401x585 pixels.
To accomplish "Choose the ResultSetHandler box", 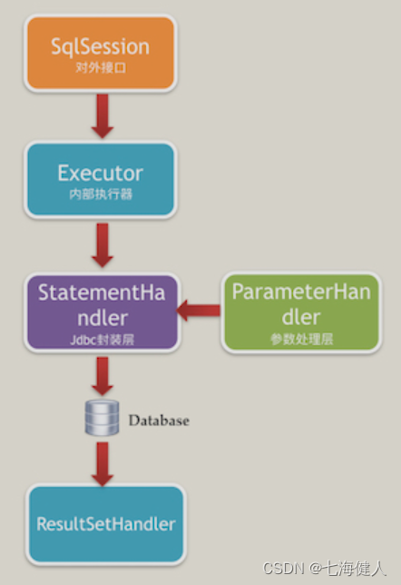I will point(105,523).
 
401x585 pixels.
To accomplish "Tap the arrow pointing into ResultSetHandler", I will point(102,463).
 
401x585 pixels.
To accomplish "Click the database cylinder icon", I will point(102,418).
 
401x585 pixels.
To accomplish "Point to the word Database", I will point(159,421).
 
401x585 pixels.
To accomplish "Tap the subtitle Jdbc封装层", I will point(102,339).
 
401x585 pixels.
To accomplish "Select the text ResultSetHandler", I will point(105,524).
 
